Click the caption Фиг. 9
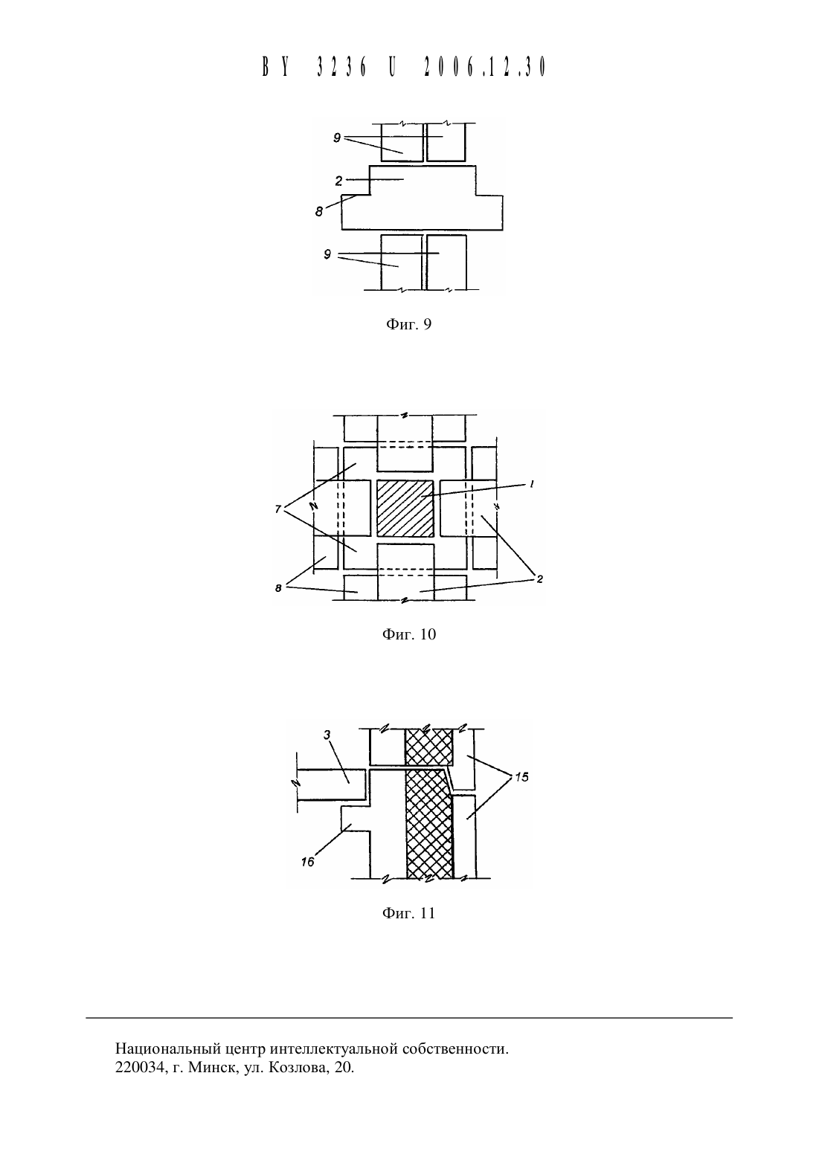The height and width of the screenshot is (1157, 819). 408,324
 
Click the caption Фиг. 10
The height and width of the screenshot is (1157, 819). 408,634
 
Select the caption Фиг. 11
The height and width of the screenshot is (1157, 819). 408,913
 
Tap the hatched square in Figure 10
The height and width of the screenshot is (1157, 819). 405,509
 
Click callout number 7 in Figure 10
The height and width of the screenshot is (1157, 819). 278,509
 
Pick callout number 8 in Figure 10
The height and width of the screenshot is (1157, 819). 278,588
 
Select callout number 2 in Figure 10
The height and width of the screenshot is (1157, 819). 539,579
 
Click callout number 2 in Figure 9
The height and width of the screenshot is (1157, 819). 338,181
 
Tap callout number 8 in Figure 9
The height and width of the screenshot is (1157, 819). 319,211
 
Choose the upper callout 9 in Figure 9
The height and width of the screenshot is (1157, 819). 337,138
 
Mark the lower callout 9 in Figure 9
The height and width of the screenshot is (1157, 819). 327,254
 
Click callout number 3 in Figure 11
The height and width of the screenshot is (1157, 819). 327,735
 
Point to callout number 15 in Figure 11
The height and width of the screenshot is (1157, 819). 522,777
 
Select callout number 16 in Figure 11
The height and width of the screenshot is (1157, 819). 307,862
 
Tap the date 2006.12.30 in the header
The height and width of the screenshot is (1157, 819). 485,67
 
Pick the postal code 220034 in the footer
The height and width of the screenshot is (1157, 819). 139,1066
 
